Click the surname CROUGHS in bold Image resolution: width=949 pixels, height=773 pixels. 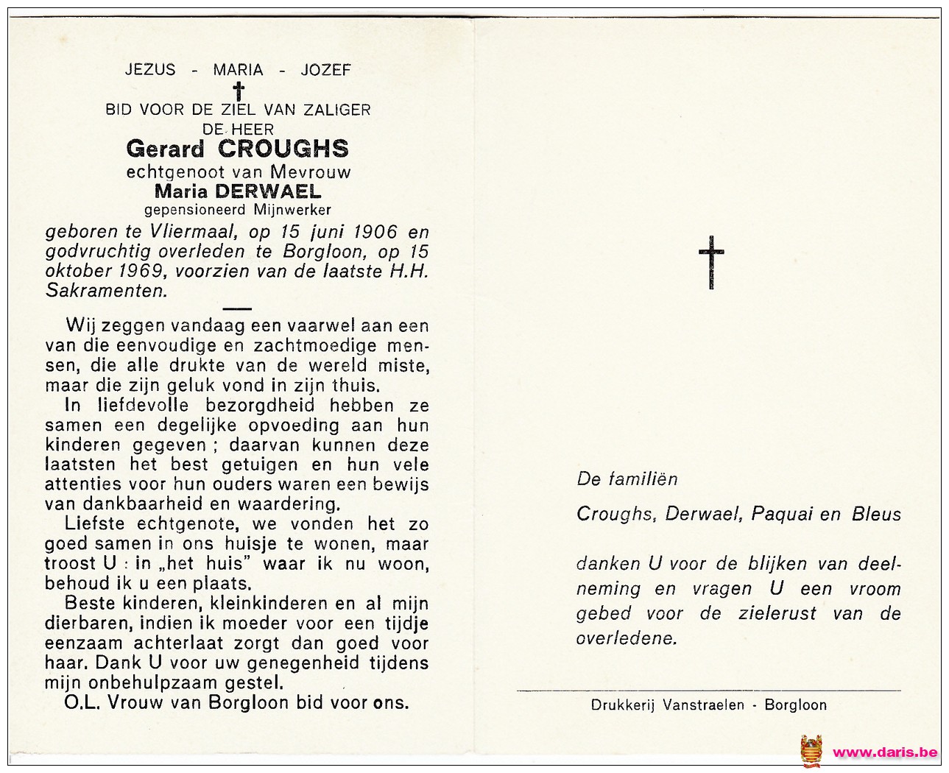(x=283, y=149)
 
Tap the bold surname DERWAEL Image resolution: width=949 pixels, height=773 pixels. (x=268, y=191)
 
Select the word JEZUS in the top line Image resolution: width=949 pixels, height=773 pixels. (x=150, y=70)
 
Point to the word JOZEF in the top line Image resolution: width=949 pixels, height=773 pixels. (x=325, y=70)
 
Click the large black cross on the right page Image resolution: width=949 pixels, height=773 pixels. (x=711, y=262)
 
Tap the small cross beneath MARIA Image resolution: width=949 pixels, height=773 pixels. (x=238, y=91)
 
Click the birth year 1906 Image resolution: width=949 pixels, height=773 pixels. (x=375, y=232)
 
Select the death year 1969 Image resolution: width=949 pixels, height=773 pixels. (x=139, y=271)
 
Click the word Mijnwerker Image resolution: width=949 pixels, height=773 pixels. (x=292, y=211)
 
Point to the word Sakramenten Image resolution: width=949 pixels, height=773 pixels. (x=106, y=291)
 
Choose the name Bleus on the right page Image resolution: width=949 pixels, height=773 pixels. (x=876, y=514)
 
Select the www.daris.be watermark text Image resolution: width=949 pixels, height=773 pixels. (x=884, y=752)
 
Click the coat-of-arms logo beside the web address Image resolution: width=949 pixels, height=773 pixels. (x=811, y=751)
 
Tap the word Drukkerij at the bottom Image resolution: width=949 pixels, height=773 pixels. (x=623, y=705)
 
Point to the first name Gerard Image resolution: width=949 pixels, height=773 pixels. (x=165, y=149)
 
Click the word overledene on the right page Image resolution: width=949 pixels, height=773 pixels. (x=626, y=638)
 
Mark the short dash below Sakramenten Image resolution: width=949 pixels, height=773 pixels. (x=236, y=309)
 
